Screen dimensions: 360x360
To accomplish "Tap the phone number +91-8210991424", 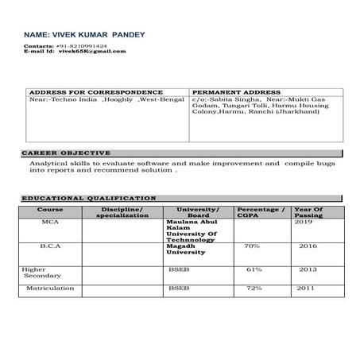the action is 88,46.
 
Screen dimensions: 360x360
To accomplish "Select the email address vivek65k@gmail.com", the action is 93,52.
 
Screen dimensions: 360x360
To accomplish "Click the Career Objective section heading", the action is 66,152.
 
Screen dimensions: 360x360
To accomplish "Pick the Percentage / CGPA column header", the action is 261,212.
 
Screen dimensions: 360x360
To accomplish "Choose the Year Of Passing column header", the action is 308,212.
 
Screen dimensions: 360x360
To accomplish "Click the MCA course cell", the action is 49,223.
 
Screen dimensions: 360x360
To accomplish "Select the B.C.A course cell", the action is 51,246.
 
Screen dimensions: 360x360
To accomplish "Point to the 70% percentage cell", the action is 253,246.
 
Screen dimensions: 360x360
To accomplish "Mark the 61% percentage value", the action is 254,269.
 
